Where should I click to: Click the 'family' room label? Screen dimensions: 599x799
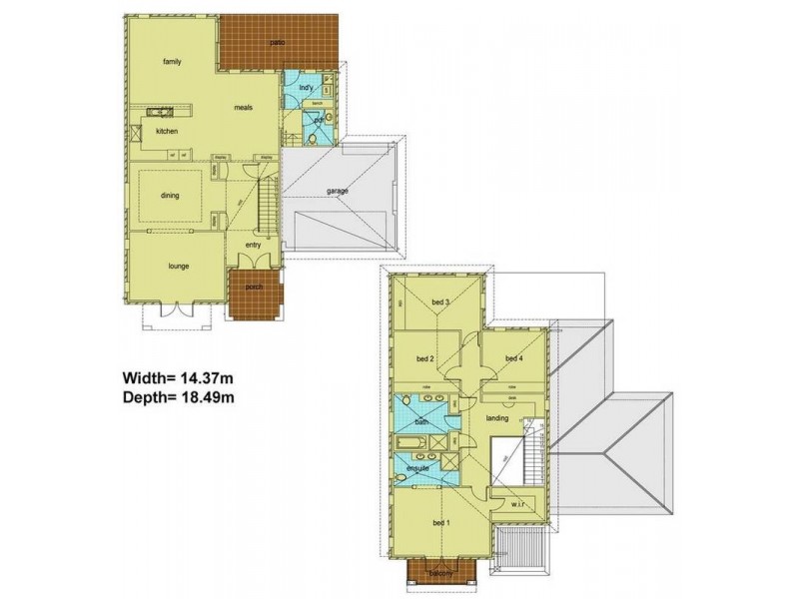tap(172, 61)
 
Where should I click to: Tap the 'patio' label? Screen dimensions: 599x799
tap(279, 43)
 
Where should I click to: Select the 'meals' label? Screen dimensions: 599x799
tap(243, 107)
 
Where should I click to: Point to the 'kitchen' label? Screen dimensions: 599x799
tap(166, 131)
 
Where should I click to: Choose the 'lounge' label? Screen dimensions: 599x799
tap(179, 266)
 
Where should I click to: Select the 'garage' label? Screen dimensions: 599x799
tap(337, 191)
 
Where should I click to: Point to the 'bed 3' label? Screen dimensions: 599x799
tap(440, 302)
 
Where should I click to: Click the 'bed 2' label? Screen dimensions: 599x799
tap(423, 358)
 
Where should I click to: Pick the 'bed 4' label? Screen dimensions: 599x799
tap(513, 358)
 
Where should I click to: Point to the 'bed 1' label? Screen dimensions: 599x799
tap(441, 523)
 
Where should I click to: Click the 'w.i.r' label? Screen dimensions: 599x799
tap(516, 504)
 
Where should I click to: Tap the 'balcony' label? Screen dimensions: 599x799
tap(440, 573)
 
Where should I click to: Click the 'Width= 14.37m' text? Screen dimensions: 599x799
tap(179, 378)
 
